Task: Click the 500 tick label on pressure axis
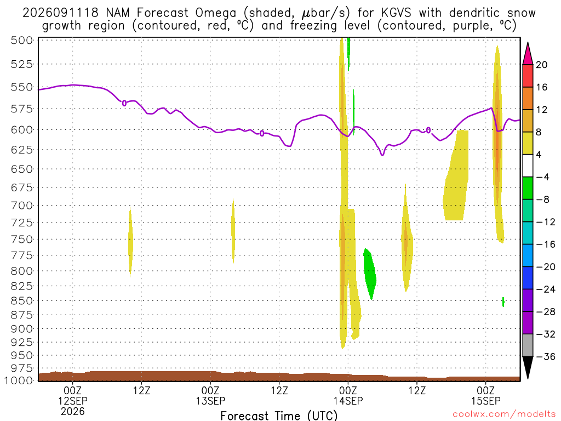pyautogui.click(x=21, y=40)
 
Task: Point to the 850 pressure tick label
pyautogui.click(x=21, y=301)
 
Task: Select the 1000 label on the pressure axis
pyautogui.click(x=19, y=380)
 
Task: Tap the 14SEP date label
pyautogui.click(x=348, y=401)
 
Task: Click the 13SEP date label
pyautogui.click(x=210, y=401)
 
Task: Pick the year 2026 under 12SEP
pyautogui.click(x=73, y=412)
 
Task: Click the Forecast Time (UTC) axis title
pyautogui.click(x=279, y=416)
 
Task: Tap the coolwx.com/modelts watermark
pyautogui.click(x=504, y=414)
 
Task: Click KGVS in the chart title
pyautogui.click(x=396, y=13)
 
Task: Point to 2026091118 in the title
pyautogui.click(x=60, y=13)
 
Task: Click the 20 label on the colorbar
pyautogui.click(x=541, y=65)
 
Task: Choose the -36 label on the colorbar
pyautogui.click(x=545, y=356)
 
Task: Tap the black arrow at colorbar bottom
pyautogui.click(x=528, y=367)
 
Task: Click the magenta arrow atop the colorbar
pyautogui.click(x=528, y=54)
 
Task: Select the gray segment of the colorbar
pyautogui.click(x=528, y=345)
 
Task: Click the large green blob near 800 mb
pyautogui.click(x=370, y=274)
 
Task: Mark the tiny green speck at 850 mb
pyautogui.click(x=503, y=302)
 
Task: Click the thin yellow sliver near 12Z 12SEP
pyautogui.click(x=130, y=242)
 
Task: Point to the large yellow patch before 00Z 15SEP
pyautogui.click(x=455, y=175)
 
